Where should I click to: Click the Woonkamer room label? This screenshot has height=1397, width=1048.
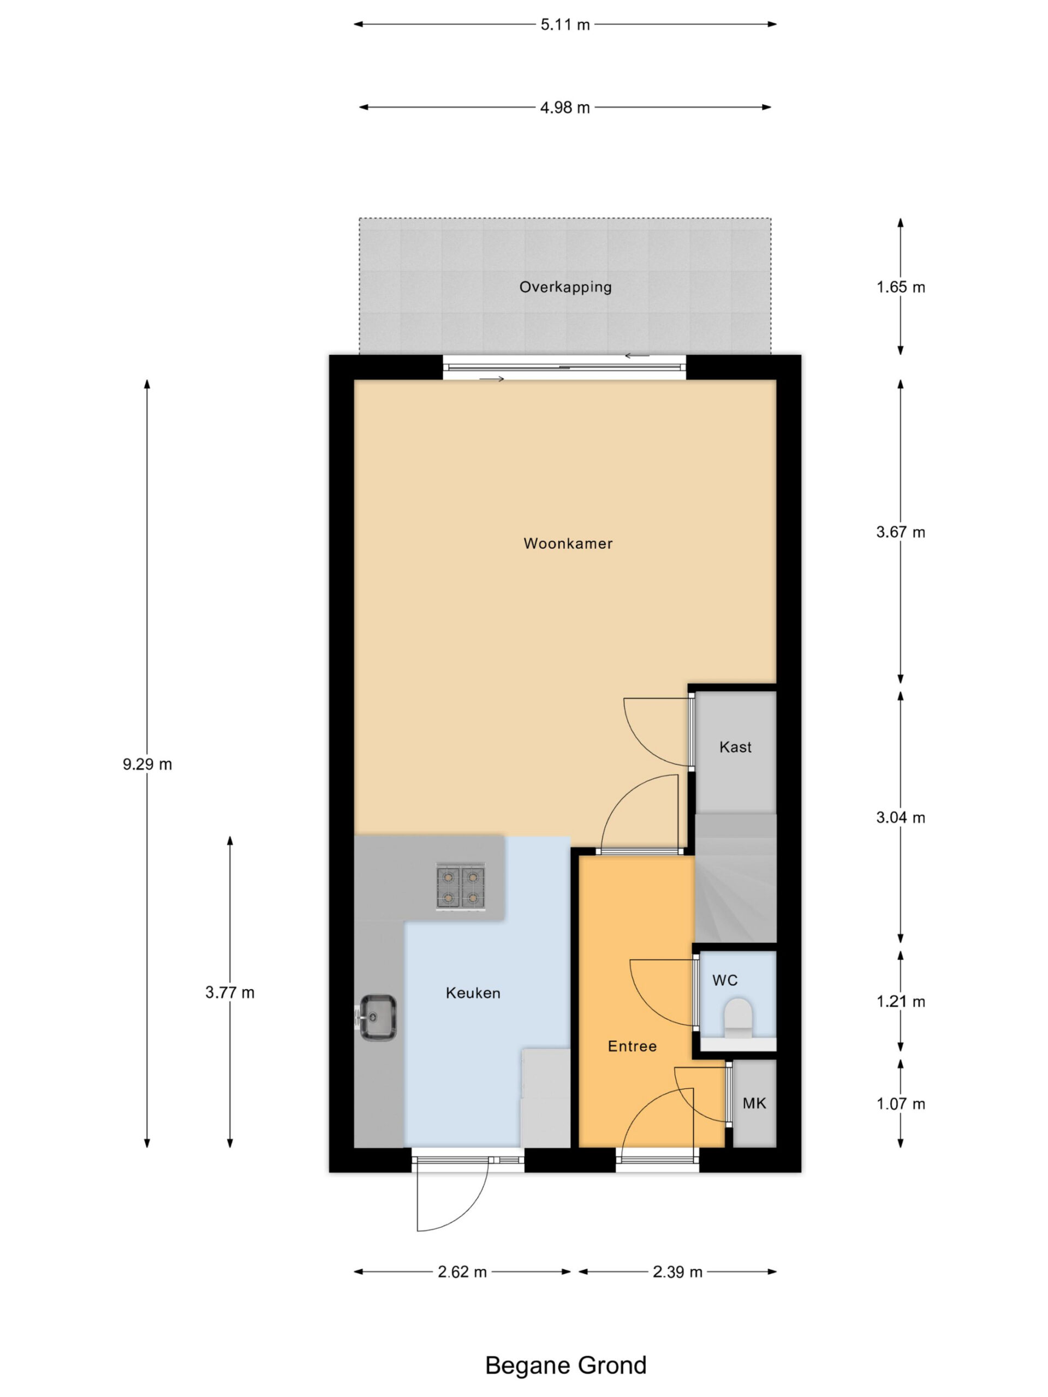[x=567, y=543]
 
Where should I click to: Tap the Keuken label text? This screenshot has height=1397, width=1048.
[x=473, y=993]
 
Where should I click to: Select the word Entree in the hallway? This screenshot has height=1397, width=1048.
[x=632, y=1046]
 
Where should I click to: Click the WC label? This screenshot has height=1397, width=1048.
[x=724, y=980]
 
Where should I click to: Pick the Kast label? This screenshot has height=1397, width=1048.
[x=735, y=747]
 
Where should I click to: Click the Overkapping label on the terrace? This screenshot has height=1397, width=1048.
[x=565, y=288]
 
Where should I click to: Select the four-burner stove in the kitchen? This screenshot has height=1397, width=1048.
[x=460, y=887]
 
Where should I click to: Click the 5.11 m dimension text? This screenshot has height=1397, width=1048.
[x=565, y=25]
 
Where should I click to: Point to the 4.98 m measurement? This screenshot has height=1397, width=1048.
[x=565, y=108]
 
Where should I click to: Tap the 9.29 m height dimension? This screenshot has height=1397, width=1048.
[x=147, y=764]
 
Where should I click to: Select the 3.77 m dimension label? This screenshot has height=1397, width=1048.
[x=230, y=992]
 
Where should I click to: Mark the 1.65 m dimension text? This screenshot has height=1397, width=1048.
[x=900, y=288]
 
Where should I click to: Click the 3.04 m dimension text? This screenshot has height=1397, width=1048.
[x=900, y=817]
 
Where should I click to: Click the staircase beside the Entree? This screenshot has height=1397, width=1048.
[x=735, y=878]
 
